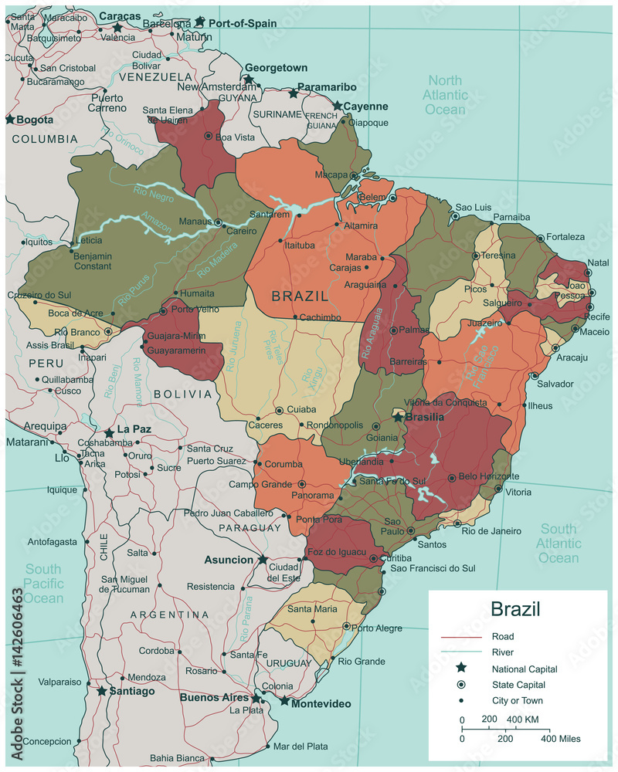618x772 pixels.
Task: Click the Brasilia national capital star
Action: click(399, 417)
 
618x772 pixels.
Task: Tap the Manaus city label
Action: click(196, 222)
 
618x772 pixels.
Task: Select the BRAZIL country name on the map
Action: click(300, 296)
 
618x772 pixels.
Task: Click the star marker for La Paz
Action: click(110, 432)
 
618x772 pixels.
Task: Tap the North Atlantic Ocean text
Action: click(445, 95)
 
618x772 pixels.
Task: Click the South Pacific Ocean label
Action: click(42, 584)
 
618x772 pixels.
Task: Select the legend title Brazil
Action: click(515, 609)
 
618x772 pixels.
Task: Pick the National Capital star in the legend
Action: click(460, 669)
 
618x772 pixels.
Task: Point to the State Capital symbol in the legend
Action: click(460, 685)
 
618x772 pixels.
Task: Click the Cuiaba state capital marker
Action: click(279, 411)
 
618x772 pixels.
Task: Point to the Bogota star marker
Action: click(10, 120)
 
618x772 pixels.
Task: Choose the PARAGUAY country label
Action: click(250, 527)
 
